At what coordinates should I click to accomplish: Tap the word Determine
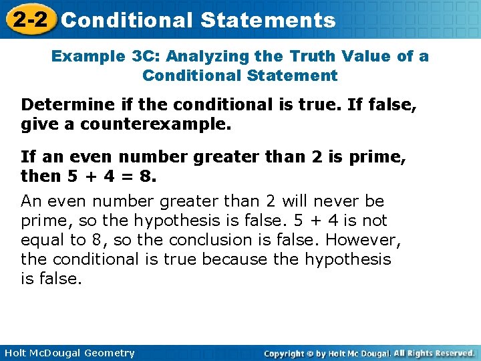[x=60, y=105]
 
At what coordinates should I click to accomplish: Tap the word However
[x=357, y=239]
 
